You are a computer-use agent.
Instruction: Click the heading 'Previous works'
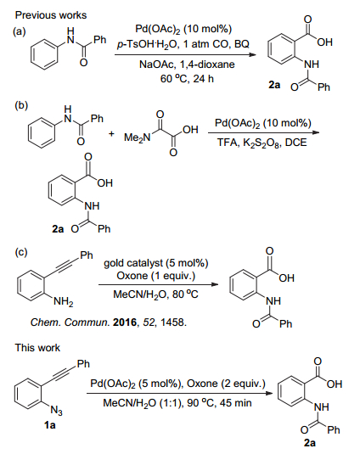tap(51, 15)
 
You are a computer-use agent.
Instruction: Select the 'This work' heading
tap(37, 347)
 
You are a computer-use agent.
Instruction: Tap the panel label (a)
tap(20, 32)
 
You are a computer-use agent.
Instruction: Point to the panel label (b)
tap(21, 106)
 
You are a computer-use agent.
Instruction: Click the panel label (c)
tap(21, 253)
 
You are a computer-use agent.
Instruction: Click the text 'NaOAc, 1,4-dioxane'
tap(187, 64)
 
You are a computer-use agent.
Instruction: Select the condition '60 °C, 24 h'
tap(187, 78)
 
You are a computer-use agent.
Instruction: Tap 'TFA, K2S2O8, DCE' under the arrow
tap(262, 143)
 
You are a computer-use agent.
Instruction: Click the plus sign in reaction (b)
tap(111, 134)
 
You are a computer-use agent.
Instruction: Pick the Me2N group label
tap(138, 137)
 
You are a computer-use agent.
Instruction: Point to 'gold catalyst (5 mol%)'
tap(156, 263)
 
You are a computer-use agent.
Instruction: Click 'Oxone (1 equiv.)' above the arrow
tap(156, 276)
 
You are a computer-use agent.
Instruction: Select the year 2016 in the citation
tap(125, 322)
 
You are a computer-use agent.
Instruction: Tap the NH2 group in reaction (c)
tap(64, 302)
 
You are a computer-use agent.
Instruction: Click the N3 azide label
tap(57, 410)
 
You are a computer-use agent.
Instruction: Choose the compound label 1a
tap(50, 425)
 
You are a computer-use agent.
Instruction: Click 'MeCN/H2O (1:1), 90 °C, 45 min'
tap(177, 403)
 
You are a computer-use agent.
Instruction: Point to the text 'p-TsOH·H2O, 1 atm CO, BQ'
tap(183, 44)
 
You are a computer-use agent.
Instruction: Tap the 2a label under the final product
tap(310, 443)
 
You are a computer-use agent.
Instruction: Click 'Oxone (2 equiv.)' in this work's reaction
tap(226, 384)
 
